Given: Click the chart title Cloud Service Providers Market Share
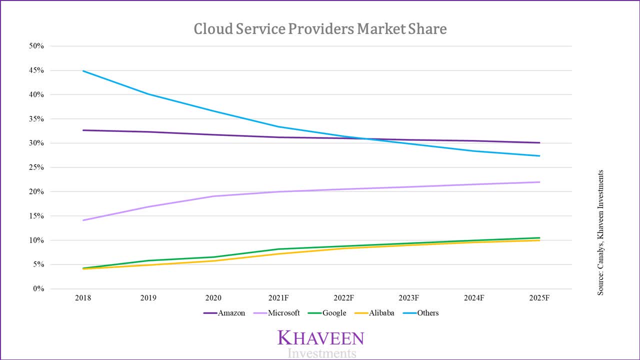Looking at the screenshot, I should coord(320,29).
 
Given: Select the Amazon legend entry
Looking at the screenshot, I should coord(224,313).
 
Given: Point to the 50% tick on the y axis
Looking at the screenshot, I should coord(36,46).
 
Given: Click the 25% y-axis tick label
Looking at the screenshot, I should coord(36,167).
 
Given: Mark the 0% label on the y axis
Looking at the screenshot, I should coord(38,289).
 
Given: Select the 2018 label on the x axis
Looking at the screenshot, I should coord(83,298).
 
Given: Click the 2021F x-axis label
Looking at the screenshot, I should coord(278,298).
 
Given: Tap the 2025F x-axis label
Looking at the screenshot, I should coord(539,298).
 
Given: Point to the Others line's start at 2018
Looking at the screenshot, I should coord(83,71).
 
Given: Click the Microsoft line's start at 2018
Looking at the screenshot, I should coord(83,220).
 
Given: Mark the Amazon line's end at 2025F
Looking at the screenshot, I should coord(539,142).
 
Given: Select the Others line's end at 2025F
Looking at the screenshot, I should coord(539,156).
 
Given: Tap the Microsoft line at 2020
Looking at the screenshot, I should coord(213,196).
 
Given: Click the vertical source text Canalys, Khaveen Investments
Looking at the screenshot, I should coord(600,232).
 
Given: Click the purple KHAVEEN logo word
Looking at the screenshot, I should coord(320,338).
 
